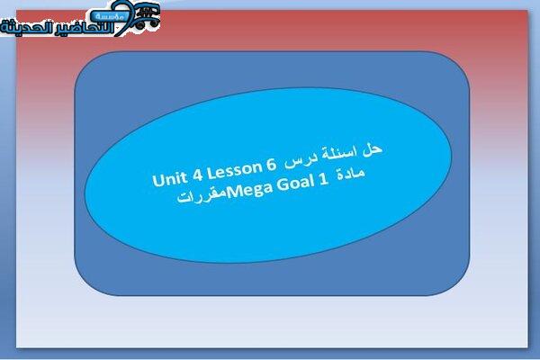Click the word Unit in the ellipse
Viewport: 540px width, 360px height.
[169, 179]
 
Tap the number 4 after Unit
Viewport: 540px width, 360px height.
[197, 175]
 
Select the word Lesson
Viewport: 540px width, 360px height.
[235, 170]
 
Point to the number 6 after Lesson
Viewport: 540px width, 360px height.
[271, 166]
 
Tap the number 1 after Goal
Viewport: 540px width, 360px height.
[323, 180]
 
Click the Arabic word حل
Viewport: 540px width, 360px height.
[373, 150]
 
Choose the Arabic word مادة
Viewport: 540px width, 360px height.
[351, 174]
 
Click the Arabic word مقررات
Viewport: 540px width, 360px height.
[202, 197]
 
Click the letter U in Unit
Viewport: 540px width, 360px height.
[157, 181]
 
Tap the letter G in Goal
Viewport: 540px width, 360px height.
[283, 185]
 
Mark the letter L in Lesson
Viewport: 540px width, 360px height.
[211, 174]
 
